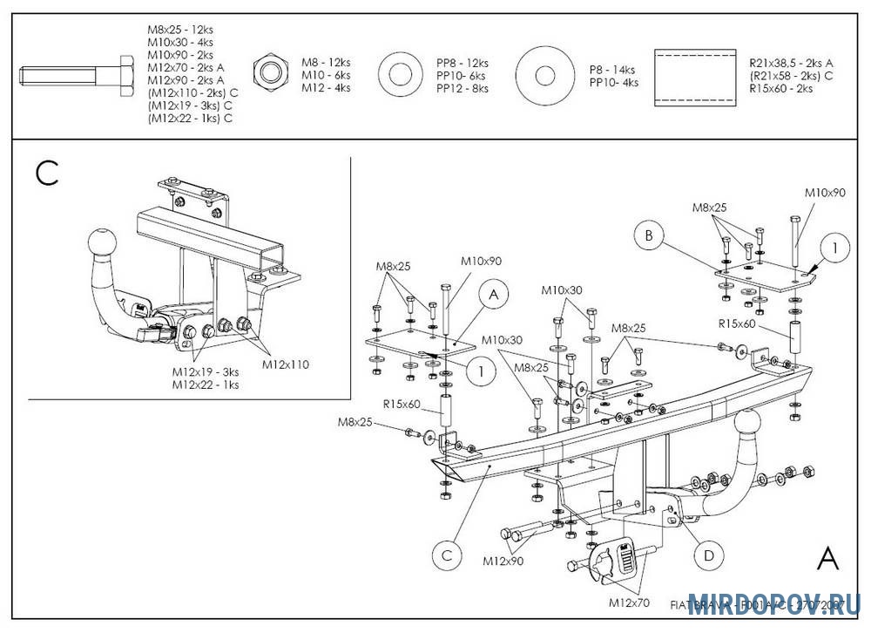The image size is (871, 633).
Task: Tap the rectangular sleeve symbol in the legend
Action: coord(694,76)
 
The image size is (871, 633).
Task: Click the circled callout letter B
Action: coord(649,235)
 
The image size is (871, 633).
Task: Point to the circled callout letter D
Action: coord(708,555)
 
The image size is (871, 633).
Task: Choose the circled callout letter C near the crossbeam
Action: coord(446,555)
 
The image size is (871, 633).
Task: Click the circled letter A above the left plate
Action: coord(494,296)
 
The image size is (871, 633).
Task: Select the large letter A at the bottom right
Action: coord(828,559)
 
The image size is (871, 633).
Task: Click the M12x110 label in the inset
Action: coord(286,364)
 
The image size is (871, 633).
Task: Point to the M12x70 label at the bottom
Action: coord(630,602)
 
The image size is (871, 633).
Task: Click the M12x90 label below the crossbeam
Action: coord(503,561)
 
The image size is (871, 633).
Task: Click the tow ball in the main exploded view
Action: coord(751,425)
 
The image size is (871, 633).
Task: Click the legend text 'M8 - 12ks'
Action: coord(326,63)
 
